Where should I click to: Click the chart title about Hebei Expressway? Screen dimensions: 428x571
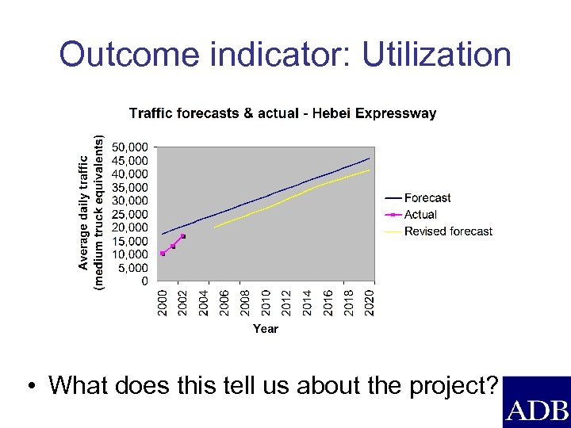pos(282,113)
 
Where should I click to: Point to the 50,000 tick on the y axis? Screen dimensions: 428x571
pos(130,147)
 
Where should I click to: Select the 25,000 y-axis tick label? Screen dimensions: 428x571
pos(130,214)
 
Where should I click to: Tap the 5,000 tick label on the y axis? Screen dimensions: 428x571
pos(133,268)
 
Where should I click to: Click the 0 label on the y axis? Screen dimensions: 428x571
pos(144,281)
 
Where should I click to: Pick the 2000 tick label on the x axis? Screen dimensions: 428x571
pos(162,303)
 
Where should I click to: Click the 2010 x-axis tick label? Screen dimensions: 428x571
pos(266,303)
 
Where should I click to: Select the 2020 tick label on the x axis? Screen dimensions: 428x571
pos(369,303)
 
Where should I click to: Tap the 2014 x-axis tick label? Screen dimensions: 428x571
pos(307,303)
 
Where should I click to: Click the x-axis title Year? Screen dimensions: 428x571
pos(266,328)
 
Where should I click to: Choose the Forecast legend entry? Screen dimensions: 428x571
pos(427,198)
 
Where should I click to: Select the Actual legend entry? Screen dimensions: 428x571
pos(420,215)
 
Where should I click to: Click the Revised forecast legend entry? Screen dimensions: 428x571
pos(448,231)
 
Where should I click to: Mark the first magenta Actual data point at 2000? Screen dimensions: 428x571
pos(163,254)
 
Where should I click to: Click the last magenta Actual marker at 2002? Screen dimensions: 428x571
pos(183,236)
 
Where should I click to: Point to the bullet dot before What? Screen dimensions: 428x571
pos(30,387)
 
